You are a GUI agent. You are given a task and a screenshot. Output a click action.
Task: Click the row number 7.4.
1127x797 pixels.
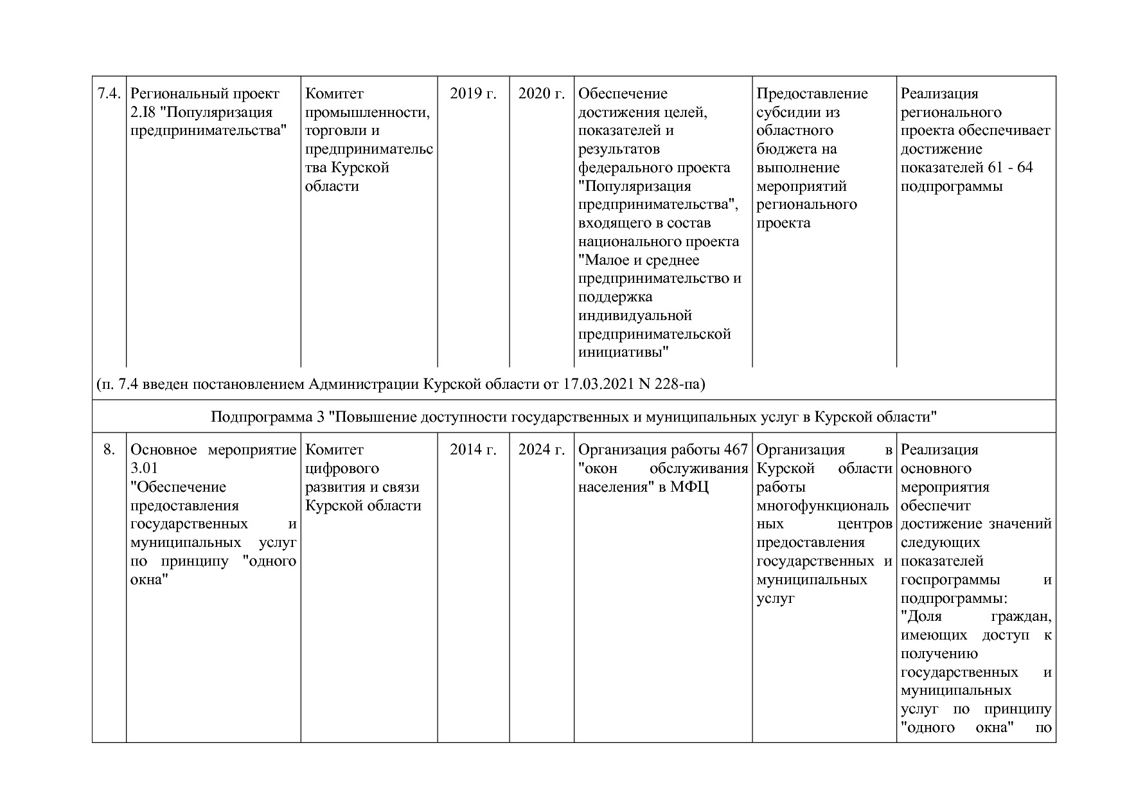coord(109,94)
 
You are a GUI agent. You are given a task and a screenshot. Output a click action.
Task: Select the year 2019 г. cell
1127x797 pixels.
coord(473,94)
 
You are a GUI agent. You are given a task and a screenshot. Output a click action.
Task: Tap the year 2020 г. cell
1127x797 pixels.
coord(542,94)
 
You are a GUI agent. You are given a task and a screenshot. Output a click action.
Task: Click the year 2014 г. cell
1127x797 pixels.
coord(473,450)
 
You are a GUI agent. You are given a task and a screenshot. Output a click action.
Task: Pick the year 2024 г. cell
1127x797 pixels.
coord(542,450)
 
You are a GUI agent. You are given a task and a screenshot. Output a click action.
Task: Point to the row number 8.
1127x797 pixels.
coord(109,450)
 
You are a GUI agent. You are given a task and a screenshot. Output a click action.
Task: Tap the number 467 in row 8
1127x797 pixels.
coord(736,450)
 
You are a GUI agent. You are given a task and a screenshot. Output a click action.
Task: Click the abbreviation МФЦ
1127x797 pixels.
coord(689,487)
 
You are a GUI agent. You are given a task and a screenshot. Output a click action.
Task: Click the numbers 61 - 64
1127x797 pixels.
coord(1009,168)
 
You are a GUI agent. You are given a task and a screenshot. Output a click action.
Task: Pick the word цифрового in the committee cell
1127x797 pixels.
coord(341,469)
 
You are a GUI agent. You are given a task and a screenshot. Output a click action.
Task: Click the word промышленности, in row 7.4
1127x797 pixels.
coord(367,112)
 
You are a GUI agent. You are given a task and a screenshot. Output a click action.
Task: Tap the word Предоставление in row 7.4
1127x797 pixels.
coord(812,94)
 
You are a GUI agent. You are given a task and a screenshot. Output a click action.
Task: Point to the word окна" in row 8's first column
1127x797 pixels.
coord(149,580)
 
